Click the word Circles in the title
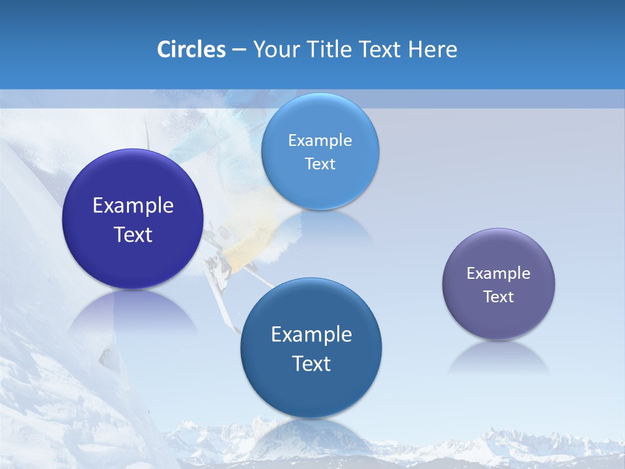point(191,50)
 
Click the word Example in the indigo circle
point(133,206)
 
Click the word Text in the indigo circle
point(133,234)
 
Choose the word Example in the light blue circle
point(320,141)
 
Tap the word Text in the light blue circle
point(320,164)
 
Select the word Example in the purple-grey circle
point(499,274)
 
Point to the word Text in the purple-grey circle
point(499,297)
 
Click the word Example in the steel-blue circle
point(311,335)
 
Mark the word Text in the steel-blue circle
point(311,363)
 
